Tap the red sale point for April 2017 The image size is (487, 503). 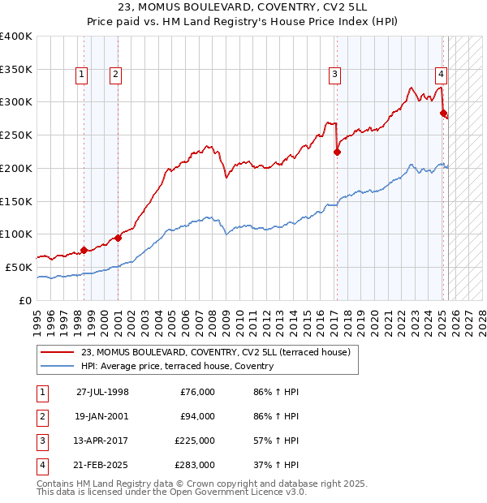(x=337, y=151)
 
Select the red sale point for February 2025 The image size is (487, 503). (x=443, y=113)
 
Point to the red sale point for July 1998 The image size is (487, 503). (x=84, y=250)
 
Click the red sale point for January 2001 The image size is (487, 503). (x=118, y=238)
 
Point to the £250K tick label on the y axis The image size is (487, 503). (x=16, y=135)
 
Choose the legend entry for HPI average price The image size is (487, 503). (x=177, y=367)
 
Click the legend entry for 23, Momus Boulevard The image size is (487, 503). (x=215, y=352)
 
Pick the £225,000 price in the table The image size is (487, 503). (x=194, y=441)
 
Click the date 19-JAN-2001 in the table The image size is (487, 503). (x=102, y=416)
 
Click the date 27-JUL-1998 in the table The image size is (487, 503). (x=102, y=392)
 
